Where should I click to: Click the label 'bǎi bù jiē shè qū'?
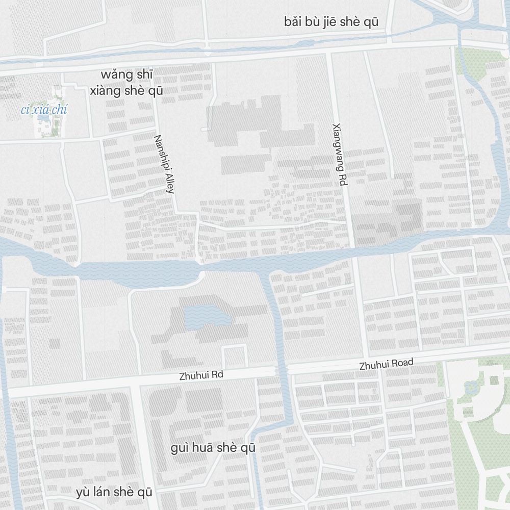point(331,22)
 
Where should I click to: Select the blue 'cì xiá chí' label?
point(44,110)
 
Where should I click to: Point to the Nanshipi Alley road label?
point(165,164)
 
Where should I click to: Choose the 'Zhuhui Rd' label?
point(201,375)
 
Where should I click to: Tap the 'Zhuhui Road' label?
point(386,364)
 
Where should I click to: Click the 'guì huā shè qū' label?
point(213,448)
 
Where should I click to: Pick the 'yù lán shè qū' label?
point(114,492)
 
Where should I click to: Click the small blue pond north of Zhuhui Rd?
point(207,317)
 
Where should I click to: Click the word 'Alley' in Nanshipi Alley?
point(169,182)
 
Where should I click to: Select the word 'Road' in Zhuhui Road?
point(402,363)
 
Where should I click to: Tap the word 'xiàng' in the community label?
point(107,91)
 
